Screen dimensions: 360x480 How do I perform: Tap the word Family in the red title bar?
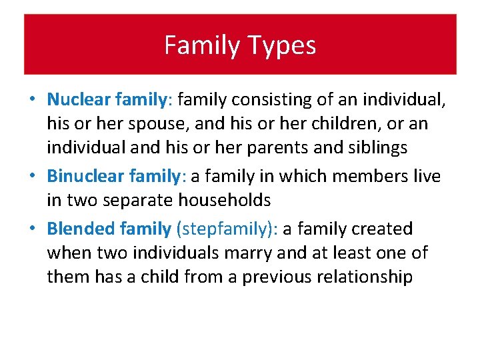(x=203, y=46)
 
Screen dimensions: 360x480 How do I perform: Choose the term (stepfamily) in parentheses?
(x=227, y=229)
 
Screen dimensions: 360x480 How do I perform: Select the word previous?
(x=273, y=277)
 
